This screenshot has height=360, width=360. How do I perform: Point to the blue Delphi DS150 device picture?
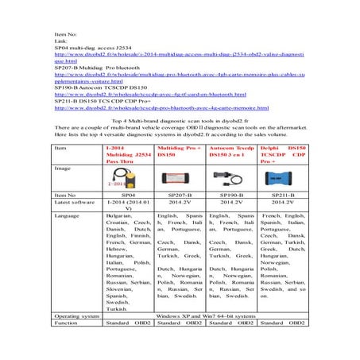pyautogui.click(x=283, y=180)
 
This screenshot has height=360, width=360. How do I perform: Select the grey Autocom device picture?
pyautogui.click(x=230, y=180)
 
